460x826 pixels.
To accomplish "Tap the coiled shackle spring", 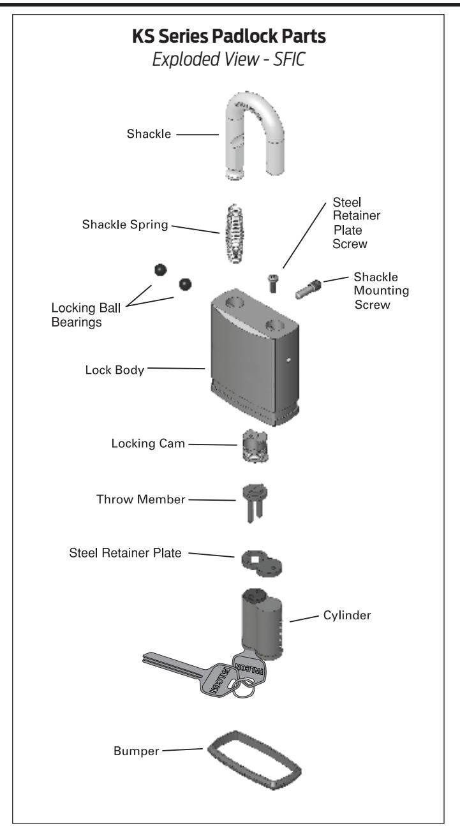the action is (235, 233).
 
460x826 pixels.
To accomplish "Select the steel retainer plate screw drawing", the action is (273, 283).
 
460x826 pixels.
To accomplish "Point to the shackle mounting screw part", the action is (308, 290).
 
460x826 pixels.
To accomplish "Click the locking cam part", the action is (255, 445).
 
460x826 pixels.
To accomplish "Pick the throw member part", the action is (255, 502).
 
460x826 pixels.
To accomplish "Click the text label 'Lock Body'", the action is (115, 370).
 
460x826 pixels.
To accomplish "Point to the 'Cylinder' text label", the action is (347, 615).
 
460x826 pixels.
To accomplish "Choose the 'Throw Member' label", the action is (140, 499).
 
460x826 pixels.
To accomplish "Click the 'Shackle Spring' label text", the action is (125, 225).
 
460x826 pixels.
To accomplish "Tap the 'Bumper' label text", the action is (136, 751).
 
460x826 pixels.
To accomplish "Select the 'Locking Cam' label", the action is (148, 443).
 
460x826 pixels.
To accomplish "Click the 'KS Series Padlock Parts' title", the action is (228, 36).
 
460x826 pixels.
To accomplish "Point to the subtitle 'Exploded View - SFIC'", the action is (228, 59).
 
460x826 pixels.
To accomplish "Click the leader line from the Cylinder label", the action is (304, 619).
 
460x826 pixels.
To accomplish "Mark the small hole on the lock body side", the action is (288, 360).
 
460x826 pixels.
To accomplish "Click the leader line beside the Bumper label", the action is (182, 749).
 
